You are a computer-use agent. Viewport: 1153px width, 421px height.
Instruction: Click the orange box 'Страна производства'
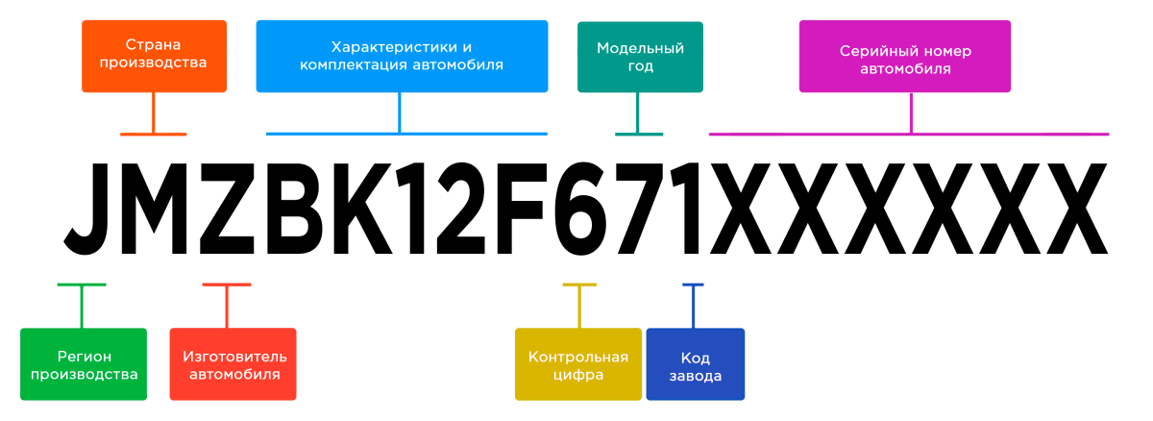point(154,56)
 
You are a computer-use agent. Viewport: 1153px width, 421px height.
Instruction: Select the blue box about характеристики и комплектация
point(402,56)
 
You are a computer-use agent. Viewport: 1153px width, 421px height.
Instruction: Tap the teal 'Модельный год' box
point(640,57)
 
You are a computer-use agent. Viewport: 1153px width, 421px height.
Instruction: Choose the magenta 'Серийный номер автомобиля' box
point(904,57)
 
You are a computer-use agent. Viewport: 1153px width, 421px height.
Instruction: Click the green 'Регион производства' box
point(84,364)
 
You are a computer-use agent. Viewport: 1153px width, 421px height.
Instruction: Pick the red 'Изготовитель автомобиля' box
point(233,364)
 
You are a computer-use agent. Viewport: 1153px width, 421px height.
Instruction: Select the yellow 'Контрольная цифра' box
point(578,364)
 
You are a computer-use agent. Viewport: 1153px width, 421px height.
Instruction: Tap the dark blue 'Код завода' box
point(695,364)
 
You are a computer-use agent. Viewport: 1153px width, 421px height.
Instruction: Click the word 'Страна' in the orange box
point(154,44)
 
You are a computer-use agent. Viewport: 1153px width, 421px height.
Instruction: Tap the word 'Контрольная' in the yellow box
point(578,357)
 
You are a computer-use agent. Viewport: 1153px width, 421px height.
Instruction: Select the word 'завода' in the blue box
point(695,375)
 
